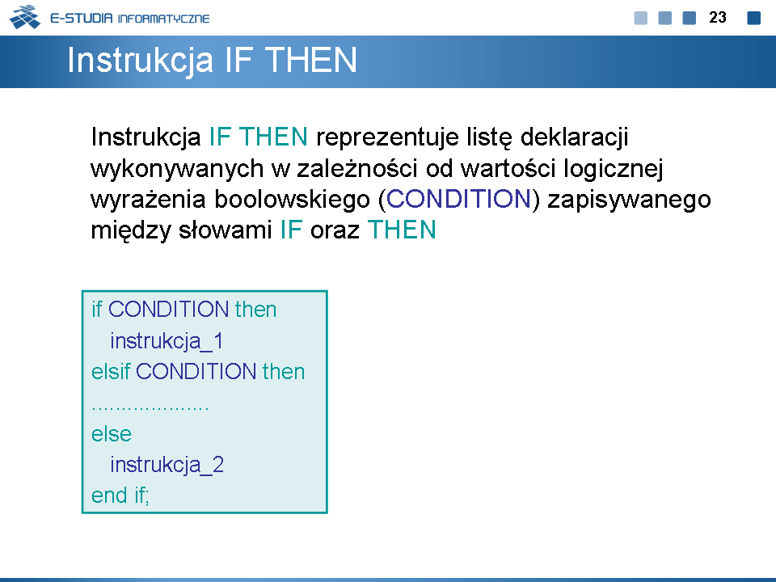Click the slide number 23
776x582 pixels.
(718, 17)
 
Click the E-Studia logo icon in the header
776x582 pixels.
(25, 17)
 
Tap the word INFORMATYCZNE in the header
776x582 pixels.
(164, 19)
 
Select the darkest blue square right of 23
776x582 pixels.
(753, 18)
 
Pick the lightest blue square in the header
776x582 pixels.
(641, 18)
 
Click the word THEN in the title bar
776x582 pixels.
(310, 60)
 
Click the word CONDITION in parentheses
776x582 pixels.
(458, 199)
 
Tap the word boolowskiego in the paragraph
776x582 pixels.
(292, 200)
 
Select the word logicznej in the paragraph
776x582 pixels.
(614, 169)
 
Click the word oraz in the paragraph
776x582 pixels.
(335, 230)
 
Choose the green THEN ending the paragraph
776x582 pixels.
(402, 230)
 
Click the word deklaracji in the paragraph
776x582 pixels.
(574, 137)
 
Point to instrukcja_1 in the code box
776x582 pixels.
(167, 341)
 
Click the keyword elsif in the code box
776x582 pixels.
(111, 371)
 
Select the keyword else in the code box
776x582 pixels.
(112, 434)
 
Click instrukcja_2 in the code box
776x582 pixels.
(167, 465)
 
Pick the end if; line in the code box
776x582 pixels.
(120, 496)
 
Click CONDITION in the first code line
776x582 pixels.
(168, 310)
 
